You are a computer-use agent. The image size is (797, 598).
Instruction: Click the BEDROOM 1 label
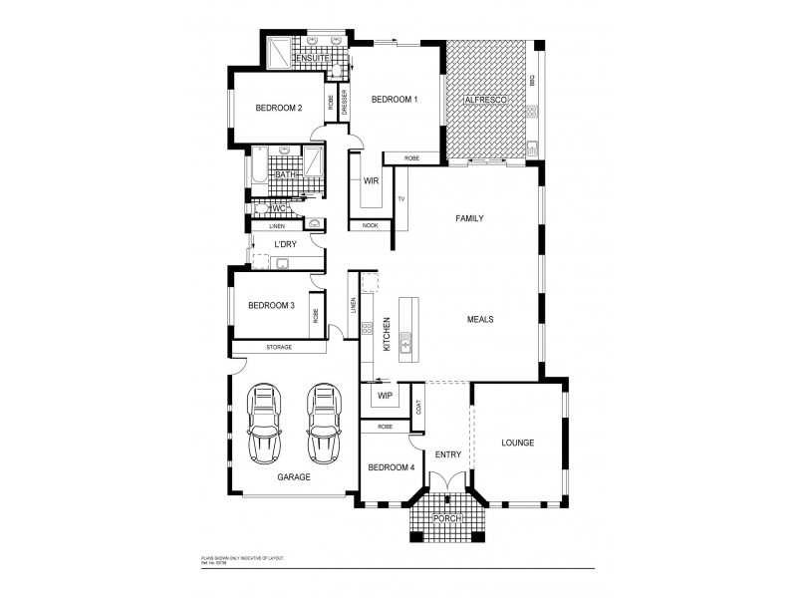395,100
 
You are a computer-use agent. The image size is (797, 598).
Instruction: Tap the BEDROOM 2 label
278,108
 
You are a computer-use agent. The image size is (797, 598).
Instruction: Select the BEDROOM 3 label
271,306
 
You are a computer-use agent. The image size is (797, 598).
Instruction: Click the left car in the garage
266,423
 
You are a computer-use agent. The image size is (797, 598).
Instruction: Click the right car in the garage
323,423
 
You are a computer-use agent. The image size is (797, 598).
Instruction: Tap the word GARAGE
294,477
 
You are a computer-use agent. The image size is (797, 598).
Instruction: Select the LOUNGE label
518,443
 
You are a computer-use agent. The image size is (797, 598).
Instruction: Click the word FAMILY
469,217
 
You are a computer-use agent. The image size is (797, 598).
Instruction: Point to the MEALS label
481,320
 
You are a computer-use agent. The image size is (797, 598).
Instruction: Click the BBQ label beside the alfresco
533,81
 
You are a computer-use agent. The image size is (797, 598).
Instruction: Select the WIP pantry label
384,396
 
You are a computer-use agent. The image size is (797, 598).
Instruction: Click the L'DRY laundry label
286,244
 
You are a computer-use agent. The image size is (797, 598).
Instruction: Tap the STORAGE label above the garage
279,347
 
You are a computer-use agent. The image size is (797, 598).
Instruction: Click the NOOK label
371,225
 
